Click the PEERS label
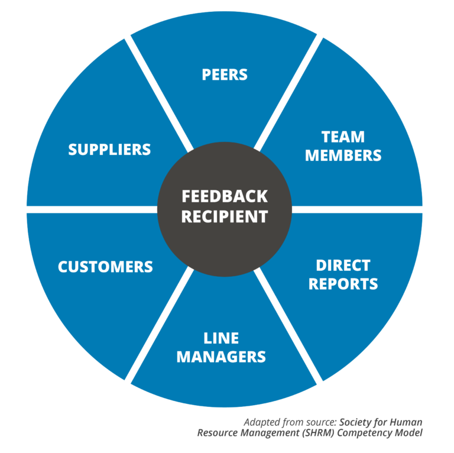(x=224, y=75)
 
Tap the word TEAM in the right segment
(x=343, y=137)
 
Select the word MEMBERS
(x=343, y=156)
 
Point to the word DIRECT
(x=343, y=265)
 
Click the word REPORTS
(x=343, y=284)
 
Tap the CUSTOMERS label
(x=105, y=267)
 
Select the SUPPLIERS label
(x=109, y=150)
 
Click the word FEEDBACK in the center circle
(x=224, y=197)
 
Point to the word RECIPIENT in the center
(x=224, y=216)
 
